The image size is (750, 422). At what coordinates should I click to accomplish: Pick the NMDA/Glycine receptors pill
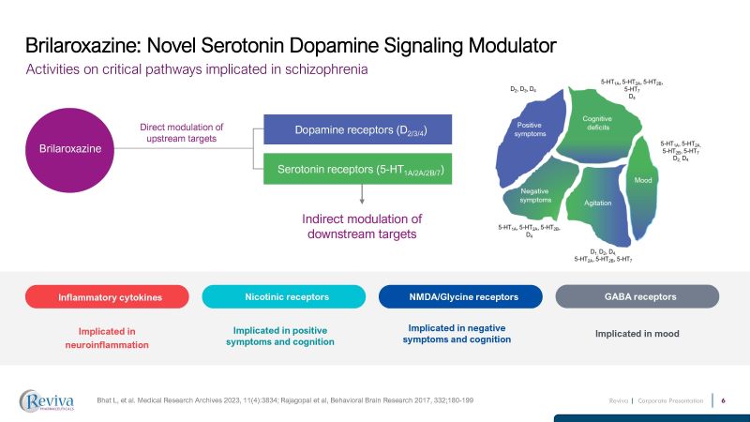click(462, 296)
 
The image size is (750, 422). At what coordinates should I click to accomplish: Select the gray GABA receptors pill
click(641, 296)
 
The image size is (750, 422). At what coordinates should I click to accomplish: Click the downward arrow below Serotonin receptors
click(361, 194)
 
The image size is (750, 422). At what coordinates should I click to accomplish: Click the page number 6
click(724, 400)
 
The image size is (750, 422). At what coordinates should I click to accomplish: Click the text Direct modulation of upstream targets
click(182, 132)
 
